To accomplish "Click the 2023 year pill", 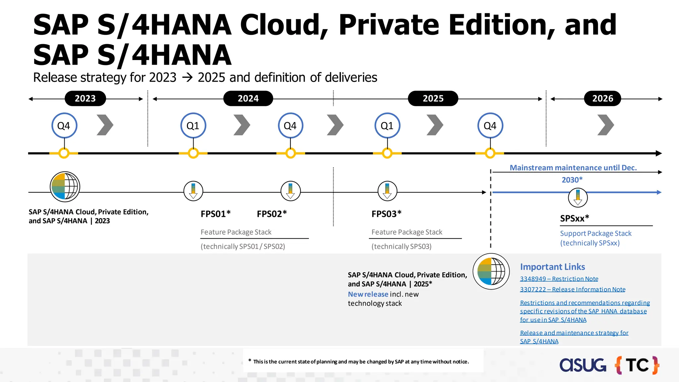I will (x=85, y=98).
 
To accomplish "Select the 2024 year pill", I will (x=248, y=98).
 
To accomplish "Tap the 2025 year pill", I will (x=433, y=98).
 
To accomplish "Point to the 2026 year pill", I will (x=602, y=98).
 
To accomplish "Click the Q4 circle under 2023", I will (x=64, y=126).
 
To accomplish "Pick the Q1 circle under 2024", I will (x=193, y=126).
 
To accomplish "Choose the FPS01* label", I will (x=216, y=214).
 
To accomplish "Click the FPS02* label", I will (x=272, y=214).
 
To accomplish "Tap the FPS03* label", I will (x=386, y=214).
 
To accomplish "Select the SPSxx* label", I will (x=575, y=218).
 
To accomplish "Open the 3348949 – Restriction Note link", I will (x=559, y=279).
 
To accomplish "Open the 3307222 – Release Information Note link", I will (x=573, y=289).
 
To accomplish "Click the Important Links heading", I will (x=552, y=267).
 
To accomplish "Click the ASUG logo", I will (x=583, y=365).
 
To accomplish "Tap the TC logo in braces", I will (x=637, y=365).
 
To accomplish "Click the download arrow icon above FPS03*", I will (x=387, y=191).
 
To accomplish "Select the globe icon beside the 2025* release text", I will (x=491, y=271).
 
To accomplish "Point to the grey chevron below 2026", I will (x=605, y=125).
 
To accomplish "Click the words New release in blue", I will (x=368, y=294).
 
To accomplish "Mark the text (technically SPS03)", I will (x=401, y=246).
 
